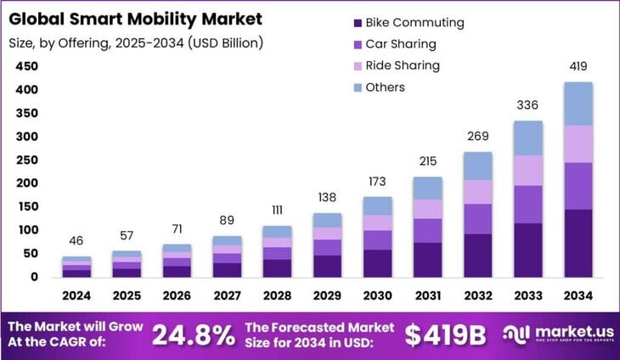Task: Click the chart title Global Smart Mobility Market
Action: pyautogui.click(x=136, y=18)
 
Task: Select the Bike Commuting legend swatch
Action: pyautogui.click(x=356, y=22)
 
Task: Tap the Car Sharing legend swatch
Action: pyautogui.click(x=356, y=43)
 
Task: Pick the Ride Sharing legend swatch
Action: pyautogui.click(x=356, y=65)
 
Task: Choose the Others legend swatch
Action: pyautogui.click(x=356, y=87)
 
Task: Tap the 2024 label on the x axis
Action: pyautogui.click(x=77, y=297)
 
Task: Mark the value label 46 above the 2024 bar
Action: pyautogui.click(x=77, y=241)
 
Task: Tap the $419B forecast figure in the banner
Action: pyautogui.click(x=444, y=334)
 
